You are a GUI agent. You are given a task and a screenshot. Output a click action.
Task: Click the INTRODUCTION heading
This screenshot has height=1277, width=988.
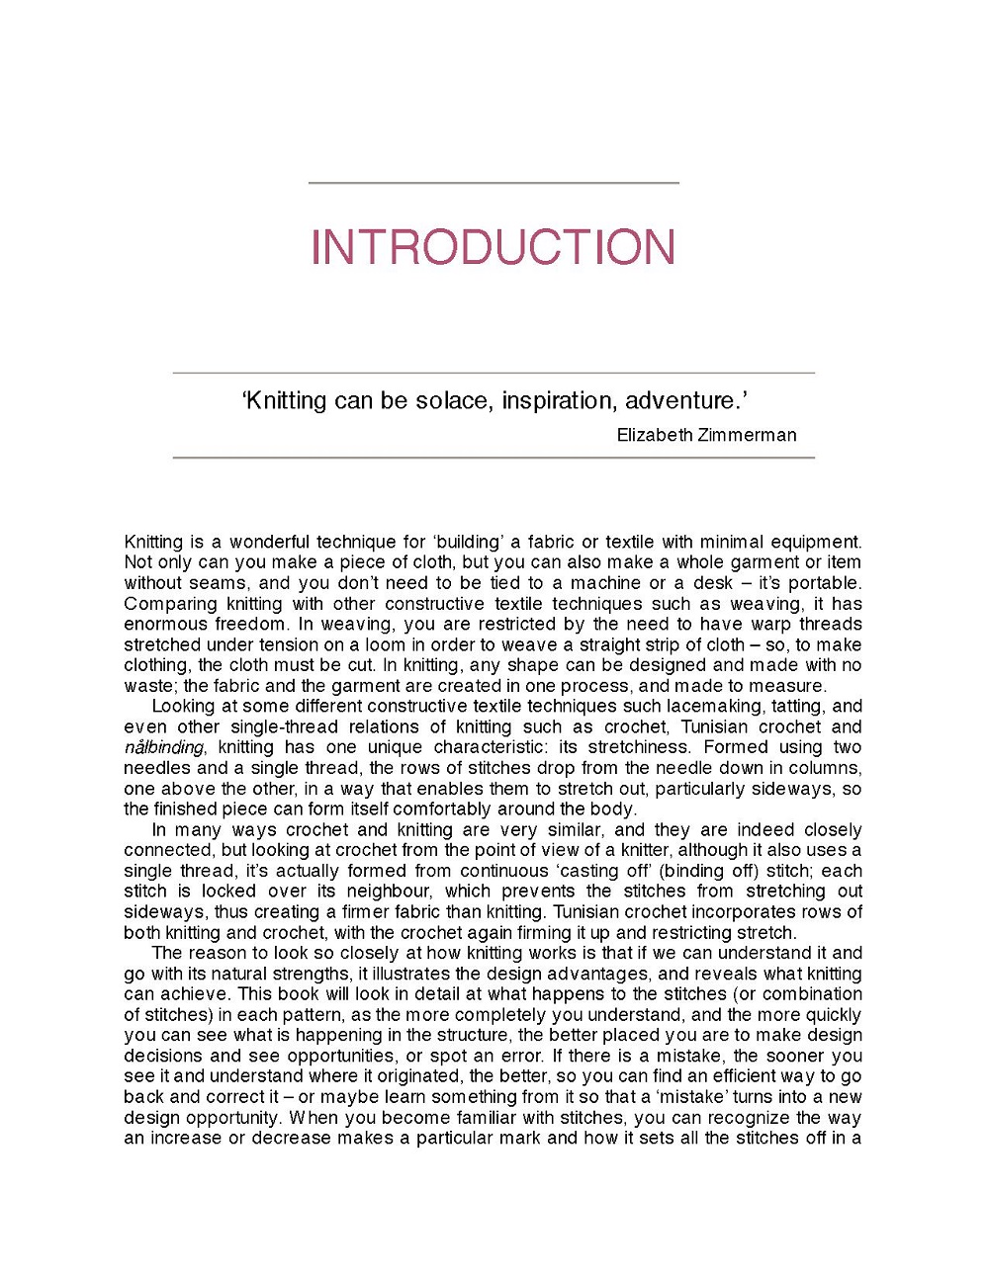[x=493, y=247]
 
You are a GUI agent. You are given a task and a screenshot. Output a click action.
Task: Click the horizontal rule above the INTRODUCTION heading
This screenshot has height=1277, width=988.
[x=493, y=183]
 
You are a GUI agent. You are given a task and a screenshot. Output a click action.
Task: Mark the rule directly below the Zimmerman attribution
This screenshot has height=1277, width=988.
[x=493, y=458]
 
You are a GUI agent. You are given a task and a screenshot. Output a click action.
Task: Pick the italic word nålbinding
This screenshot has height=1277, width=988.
[x=164, y=747]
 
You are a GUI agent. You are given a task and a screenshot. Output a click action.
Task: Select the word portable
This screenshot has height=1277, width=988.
[x=823, y=582]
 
